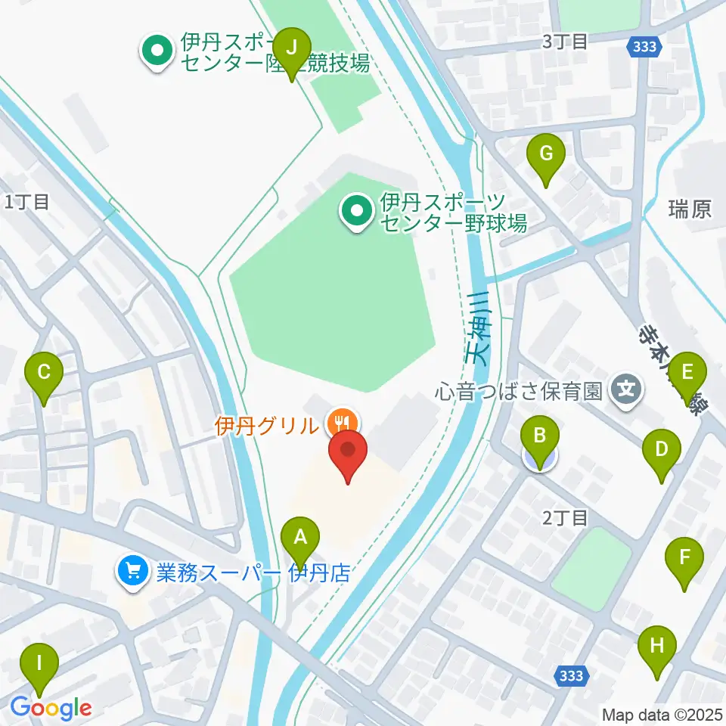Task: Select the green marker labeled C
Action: click(44, 371)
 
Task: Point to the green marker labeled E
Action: click(687, 371)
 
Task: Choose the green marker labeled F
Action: click(684, 558)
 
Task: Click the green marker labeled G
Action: click(546, 154)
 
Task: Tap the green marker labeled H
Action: click(656, 646)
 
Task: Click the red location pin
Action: click(348, 452)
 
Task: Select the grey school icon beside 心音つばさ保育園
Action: click(628, 391)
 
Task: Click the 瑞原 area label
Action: click(690, 209)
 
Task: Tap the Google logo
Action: click(51, 708)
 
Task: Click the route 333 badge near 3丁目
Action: click(645, 47)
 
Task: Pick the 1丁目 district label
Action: click(27, 201)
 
